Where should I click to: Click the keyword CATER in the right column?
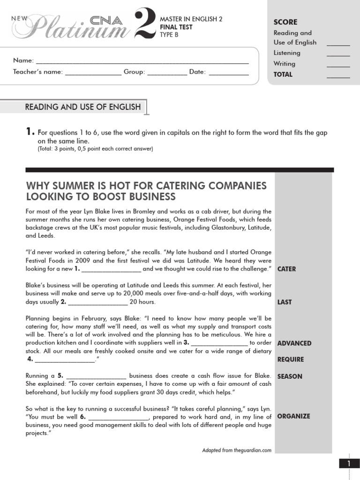(286, 269)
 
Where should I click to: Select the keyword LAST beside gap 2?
(285, 302)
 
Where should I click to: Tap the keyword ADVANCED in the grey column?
(294, 343)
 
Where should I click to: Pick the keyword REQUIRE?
(291, 360)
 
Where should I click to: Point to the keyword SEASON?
(290, 376)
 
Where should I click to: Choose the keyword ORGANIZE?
(293, 416)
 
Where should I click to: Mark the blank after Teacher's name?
(93, 74)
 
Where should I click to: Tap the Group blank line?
(167, 74)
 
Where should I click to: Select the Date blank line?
(228, 74)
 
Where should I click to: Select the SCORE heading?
(285, 22)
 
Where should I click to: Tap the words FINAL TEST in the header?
(176, 27)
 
